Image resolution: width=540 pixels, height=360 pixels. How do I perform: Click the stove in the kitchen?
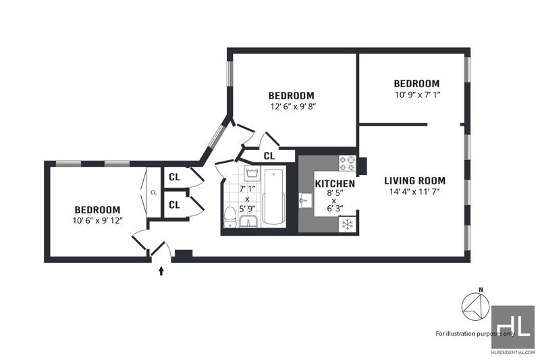pos(348,163)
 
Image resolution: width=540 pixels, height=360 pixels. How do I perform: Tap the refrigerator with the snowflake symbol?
pos(348,224)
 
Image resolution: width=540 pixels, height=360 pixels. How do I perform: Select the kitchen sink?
pos(306,201)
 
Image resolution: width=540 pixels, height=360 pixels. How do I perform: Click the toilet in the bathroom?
pos(230,217)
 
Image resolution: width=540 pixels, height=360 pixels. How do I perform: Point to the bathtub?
pos(274,197)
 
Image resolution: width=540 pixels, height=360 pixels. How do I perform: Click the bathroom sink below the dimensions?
pos(248,222)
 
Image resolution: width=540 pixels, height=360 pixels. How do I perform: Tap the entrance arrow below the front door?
pos(161,271)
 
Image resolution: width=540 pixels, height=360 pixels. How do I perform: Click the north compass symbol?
pos(476,305)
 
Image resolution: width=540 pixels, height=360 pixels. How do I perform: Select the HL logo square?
pos(513,327)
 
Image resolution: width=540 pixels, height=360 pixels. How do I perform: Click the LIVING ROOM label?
pos(414,181)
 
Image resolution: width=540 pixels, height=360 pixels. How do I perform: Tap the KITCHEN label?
pos(335,184)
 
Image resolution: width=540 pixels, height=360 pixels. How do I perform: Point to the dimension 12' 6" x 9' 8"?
pos(293,107)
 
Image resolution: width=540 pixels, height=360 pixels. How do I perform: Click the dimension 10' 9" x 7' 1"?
pos(418,95)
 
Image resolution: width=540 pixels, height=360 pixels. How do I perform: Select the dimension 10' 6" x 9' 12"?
pos(98,220)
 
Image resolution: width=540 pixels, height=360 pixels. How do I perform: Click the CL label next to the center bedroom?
pos(269,156)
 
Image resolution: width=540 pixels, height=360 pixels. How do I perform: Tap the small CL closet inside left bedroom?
pos(154,192)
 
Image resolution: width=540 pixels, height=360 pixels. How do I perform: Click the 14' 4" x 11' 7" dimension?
pos(415,192)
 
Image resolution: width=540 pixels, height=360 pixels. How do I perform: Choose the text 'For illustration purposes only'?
pos(476,334)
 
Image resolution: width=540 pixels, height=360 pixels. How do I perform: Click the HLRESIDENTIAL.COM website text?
pos(513,353)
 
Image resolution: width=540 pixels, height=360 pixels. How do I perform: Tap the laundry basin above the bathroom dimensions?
pos(252,173)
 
